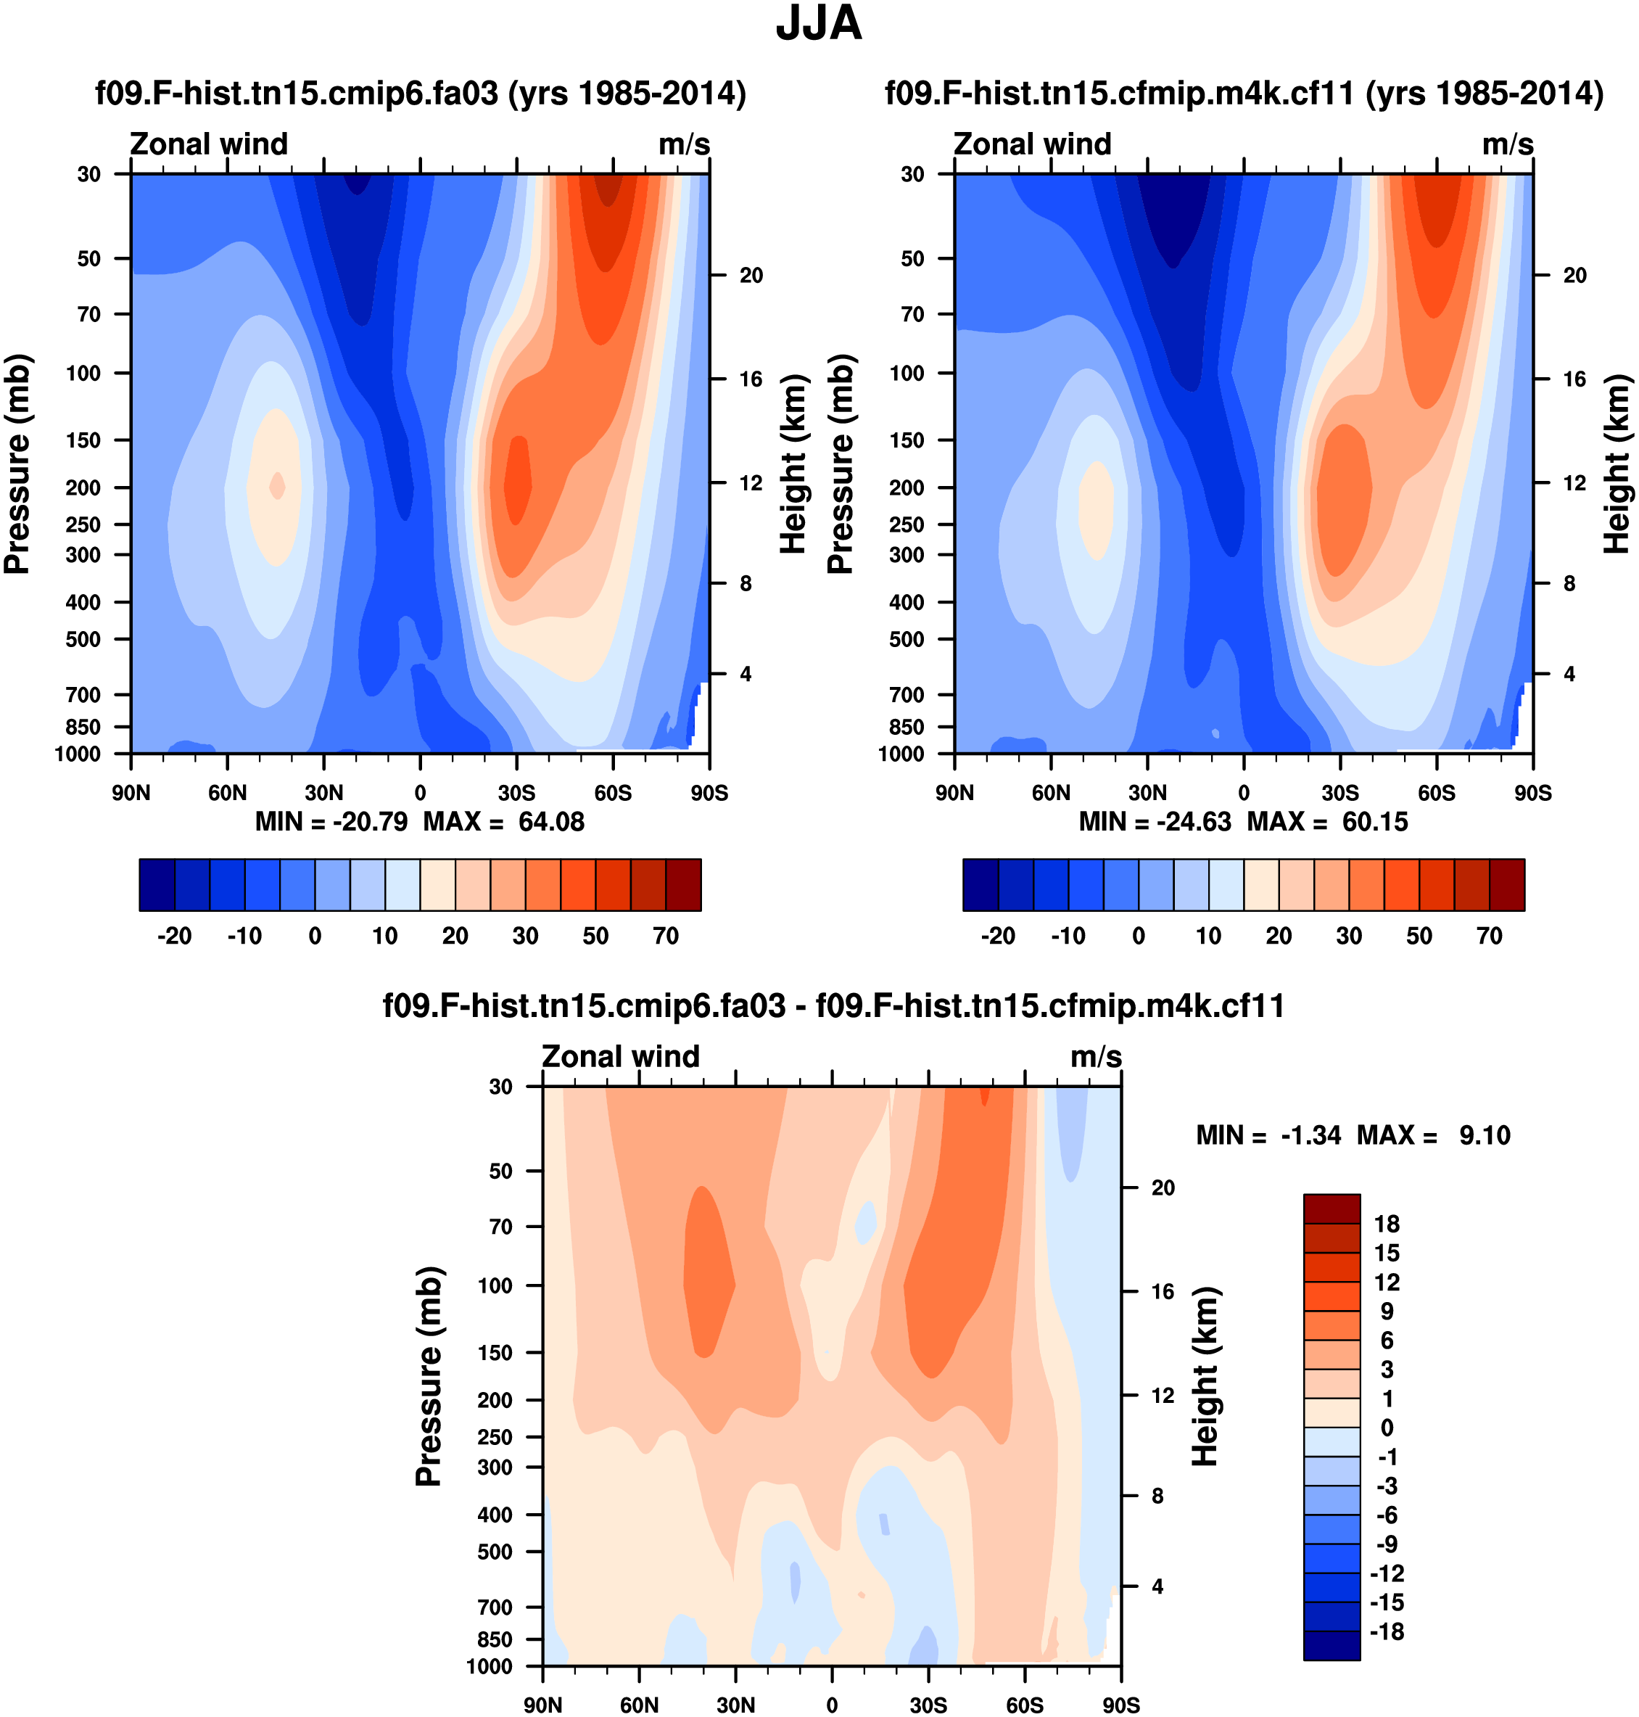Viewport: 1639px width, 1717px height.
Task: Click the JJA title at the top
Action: [819, 24]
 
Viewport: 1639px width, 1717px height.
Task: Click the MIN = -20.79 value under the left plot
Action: [331, 823]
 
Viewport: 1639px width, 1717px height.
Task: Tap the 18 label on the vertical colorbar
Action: [1387, 1224]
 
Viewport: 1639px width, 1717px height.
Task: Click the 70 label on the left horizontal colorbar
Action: [666, 936]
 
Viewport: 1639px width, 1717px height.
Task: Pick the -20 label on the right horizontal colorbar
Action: [998, 936]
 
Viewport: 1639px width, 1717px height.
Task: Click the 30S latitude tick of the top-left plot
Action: [516, 794]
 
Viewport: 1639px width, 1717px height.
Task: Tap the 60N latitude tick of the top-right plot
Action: [1051, 794]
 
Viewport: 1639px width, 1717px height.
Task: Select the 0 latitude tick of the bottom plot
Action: [832, 1705]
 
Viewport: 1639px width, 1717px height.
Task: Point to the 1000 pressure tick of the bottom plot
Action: [490, 1666]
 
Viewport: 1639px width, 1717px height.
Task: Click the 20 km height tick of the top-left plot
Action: [751, 275]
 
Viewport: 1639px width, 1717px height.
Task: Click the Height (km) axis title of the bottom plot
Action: [1205, 1376]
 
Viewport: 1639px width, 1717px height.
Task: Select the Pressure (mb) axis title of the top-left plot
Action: [17, 464]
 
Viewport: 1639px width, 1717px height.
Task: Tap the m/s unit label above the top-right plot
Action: [1507, 144]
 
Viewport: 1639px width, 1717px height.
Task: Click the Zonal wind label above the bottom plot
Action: [620, 1056]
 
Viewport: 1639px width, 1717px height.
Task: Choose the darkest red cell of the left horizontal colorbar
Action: [683, 885]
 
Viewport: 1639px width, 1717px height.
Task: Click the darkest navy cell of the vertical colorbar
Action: [1332, 1645]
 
